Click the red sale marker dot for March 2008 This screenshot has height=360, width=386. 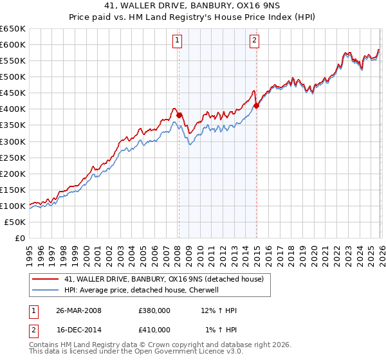click(179, 115)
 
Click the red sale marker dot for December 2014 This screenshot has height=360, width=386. click(256, 105)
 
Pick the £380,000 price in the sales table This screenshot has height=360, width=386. click(154, 310)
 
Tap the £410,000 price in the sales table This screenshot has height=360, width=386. click(154, 330)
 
